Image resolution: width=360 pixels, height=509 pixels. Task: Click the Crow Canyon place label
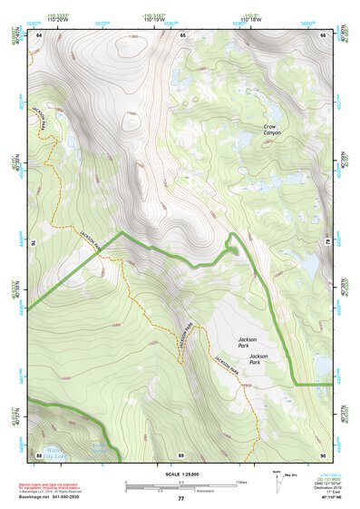[x=272, y=130]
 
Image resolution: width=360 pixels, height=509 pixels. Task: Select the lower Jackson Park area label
[x=261, y=357]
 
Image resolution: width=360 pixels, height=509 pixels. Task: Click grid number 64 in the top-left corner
[x=39, y=34]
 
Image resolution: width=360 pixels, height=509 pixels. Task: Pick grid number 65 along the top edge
[x=182, y=34]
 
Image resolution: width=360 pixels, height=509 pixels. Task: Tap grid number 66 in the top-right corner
[x=324, y=34]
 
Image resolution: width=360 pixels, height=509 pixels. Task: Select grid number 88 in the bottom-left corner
[x=39, y=454]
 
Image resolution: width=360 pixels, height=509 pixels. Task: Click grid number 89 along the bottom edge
[x=181, y=454]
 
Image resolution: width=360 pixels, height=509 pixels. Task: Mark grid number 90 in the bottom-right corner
[x=323, y=454]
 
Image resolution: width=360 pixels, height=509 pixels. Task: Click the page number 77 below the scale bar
[x=181, y=498]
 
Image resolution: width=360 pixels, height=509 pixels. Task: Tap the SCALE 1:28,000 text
[x=181, y=473]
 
